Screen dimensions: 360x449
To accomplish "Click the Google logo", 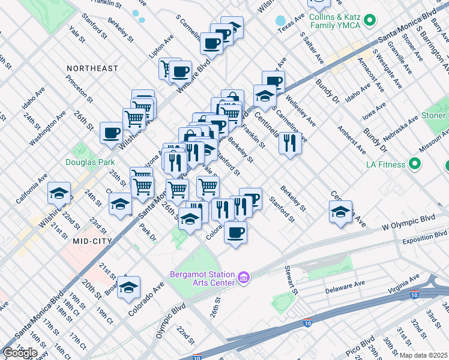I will click(19, 353).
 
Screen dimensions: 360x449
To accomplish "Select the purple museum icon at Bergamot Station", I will click(243, 277).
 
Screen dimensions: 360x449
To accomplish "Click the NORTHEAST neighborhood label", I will click(92, 68).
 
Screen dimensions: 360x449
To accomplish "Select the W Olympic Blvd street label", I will click(408, 221).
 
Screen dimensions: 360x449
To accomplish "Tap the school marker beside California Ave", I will click(59, 193).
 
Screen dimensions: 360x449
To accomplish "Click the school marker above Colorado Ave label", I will click(128, 287).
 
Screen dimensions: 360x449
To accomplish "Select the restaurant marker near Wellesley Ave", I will click(289, 143).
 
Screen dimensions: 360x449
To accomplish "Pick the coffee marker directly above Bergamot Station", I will click(235, 232).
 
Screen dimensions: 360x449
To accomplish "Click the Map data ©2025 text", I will click(423, 355).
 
